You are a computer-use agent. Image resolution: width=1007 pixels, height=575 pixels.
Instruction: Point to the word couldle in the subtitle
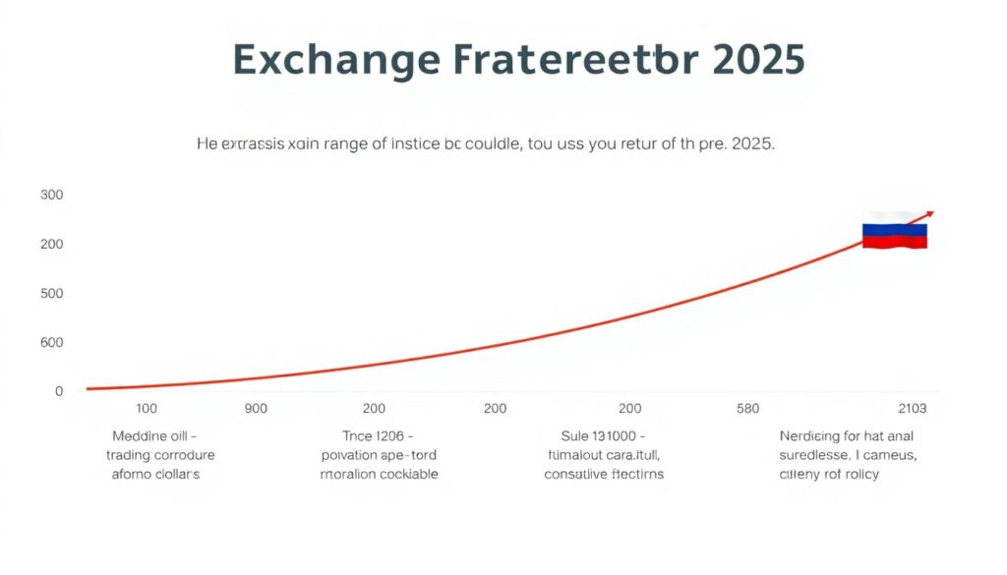pyautogui.click(x=500, y=144)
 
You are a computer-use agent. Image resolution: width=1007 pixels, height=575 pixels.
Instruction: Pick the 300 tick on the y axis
pyautogui.click(x=52, y=195)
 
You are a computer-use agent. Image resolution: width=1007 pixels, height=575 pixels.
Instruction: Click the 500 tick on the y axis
pyautogui.click(x=52, y=293)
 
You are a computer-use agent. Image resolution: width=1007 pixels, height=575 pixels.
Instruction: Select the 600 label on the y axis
pyautogui.click(x=52, y=342)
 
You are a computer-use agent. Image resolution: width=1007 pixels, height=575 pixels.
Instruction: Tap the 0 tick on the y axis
pyautogui.click(x=59, y=391)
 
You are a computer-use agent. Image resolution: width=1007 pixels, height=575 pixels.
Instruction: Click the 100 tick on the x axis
pyautogui.click(x=147, y=408)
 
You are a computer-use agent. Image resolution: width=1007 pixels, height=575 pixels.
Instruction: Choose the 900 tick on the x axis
pyautogui.click(x=256, y=408)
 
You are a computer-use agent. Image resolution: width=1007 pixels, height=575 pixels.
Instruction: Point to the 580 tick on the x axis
pyautogui.click(x=747, y=408)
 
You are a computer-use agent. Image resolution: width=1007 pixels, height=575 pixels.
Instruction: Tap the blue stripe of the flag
pyautogui.click(x=895, y=230)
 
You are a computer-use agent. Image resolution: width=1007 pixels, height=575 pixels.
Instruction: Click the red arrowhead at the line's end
pyautogui.click(x=928, y=213)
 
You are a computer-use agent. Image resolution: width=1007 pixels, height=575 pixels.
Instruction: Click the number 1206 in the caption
pyautogui.click(x=390, y=435)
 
